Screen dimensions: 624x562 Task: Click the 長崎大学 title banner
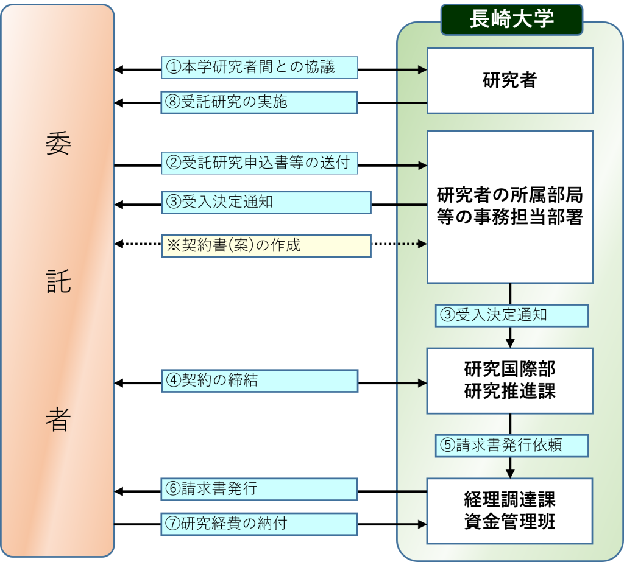tap(512, 19)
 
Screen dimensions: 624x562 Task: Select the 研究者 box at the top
tap(510, 81)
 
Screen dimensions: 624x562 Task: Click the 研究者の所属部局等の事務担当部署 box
tap(510, 207)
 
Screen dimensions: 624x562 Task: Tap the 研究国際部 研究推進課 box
tap(510, 381)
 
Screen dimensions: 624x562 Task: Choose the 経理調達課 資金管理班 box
tap(510, 511)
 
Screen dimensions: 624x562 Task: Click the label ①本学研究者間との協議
tap(260, 67)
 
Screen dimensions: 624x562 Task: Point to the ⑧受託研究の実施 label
tap(259, 102)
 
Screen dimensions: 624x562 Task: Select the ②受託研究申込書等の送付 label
tap(260, 163)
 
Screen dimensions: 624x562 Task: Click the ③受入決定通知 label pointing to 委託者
tap(266, 202)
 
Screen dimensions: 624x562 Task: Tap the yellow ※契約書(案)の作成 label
tap(266, 246)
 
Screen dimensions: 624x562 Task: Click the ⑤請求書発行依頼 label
tap(512, 446)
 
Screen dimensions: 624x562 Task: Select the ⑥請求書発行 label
tap(259, 489)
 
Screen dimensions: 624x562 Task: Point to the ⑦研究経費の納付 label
tap(259, 524)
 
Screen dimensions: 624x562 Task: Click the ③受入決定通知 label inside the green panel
tap(512, 316)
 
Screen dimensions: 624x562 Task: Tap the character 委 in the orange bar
tap(58, 144)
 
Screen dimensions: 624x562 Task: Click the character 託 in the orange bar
tap(58, 281)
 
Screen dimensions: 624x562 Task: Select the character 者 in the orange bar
tap(58, 419)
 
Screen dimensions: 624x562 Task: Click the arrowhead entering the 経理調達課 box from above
tap(510, 474)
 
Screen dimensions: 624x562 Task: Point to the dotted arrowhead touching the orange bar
tap(119, 244)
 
